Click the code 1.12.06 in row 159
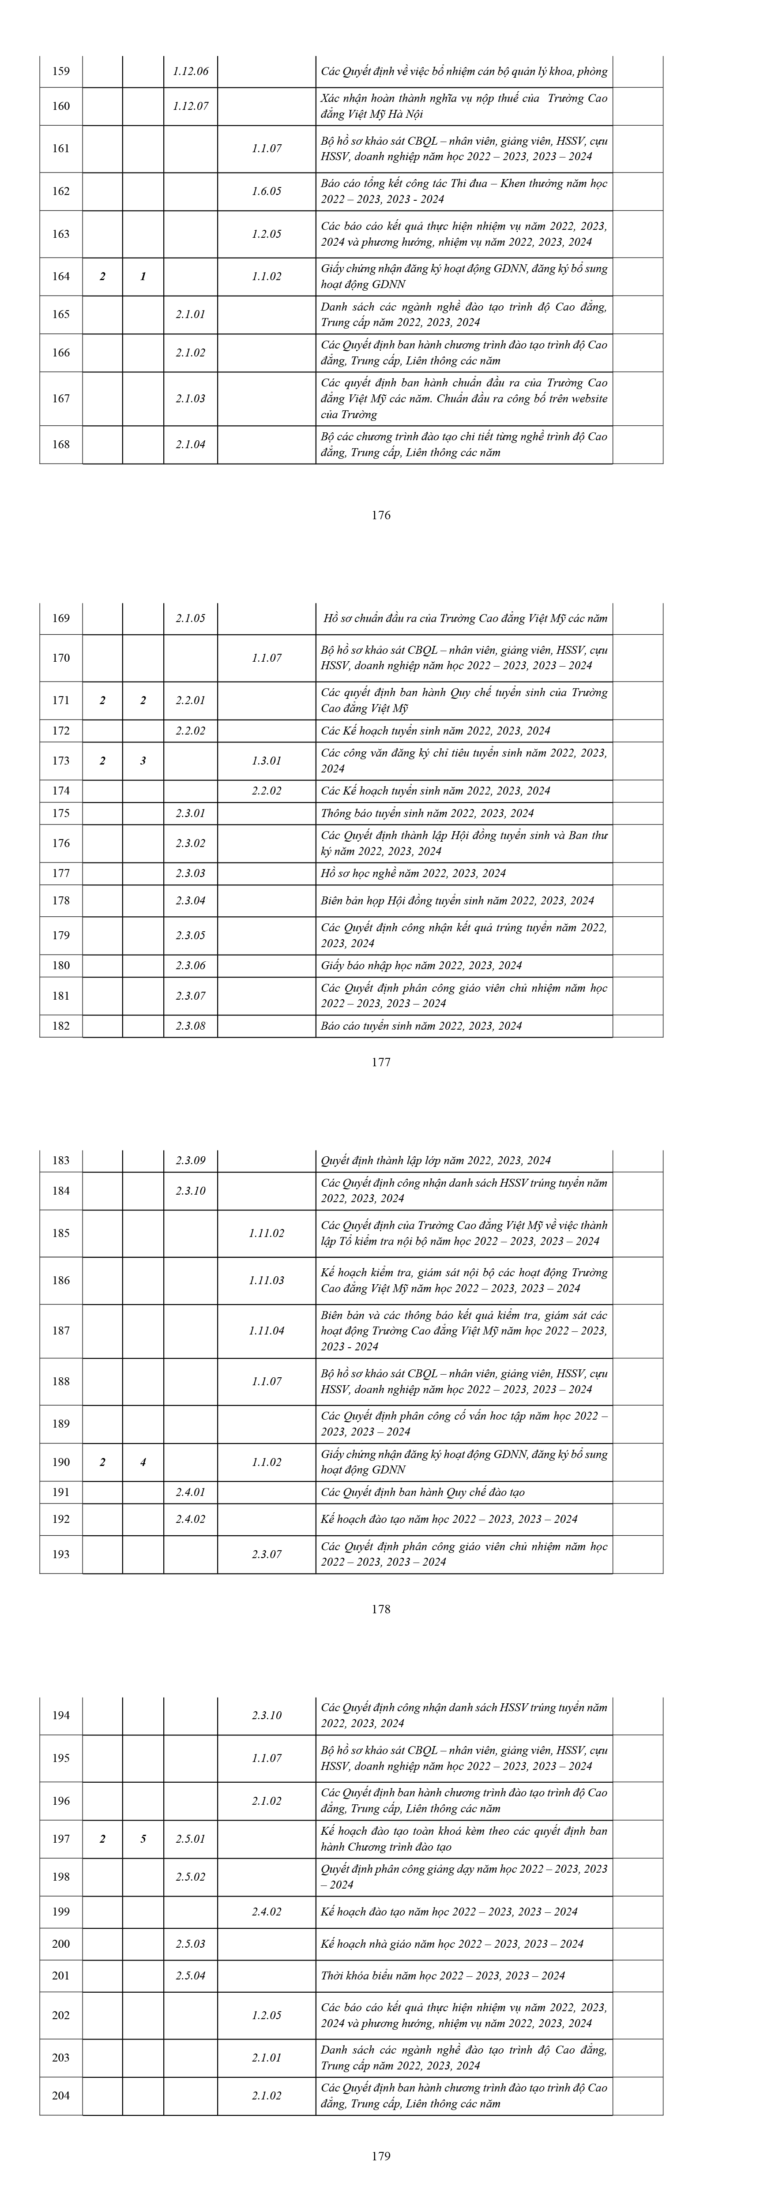(190, 71)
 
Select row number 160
(61, 106)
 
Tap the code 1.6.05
(266, 191)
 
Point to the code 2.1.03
(190, 398)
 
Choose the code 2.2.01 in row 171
(190, 700)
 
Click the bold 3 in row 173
(143, 761)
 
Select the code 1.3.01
(266, 761)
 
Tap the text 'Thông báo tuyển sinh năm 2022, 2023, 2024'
(427, 813)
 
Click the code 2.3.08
(190, 1026)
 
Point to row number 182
(61, 1026)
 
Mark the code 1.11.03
(266, 1281)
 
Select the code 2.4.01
(190, 1492)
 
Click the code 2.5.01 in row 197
(190, 1839)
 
